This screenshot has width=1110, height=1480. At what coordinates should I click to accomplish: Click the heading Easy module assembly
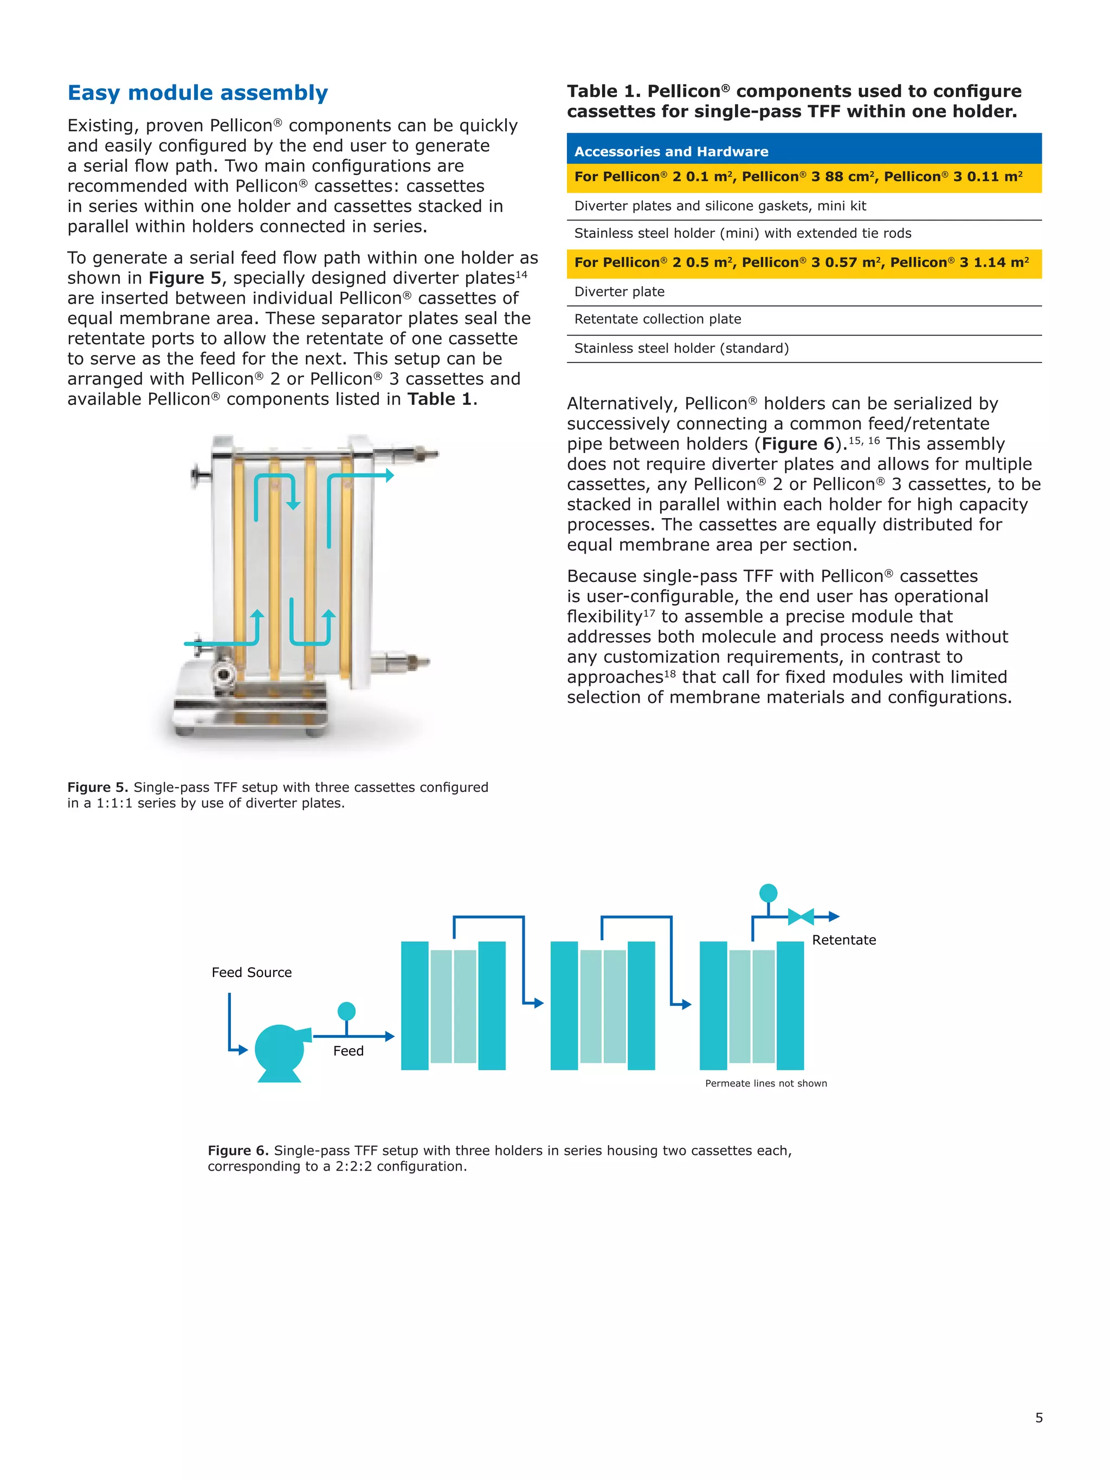click(197, 93)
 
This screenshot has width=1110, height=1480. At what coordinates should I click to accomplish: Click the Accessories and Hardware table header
click(670, 151)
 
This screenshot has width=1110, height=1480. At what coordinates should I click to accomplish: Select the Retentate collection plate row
click(657, 319)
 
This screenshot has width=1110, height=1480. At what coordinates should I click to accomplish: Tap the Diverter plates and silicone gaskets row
click(719, 206)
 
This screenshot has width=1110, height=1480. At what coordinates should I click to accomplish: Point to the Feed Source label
click(251, 972)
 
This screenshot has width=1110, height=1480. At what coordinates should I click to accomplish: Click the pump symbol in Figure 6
click(280, 1050)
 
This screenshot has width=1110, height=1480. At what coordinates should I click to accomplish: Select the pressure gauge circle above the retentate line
click(768, 893)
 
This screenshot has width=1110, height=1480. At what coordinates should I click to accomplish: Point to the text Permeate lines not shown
click(765, 1083)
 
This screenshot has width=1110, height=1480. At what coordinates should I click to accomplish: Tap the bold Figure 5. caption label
click(98, 787)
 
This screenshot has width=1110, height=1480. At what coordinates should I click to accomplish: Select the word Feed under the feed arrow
click(348, 1051)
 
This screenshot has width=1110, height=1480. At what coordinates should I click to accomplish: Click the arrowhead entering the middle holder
click(539, 1003)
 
